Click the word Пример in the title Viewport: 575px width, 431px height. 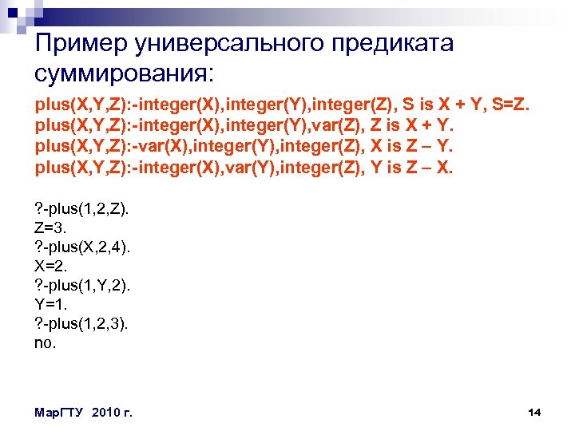pos(83,43)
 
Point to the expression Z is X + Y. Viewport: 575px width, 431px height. pos(406,127)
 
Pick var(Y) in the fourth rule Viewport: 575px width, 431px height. pos(240,168)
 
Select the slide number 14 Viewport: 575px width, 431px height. pos(534,412)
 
